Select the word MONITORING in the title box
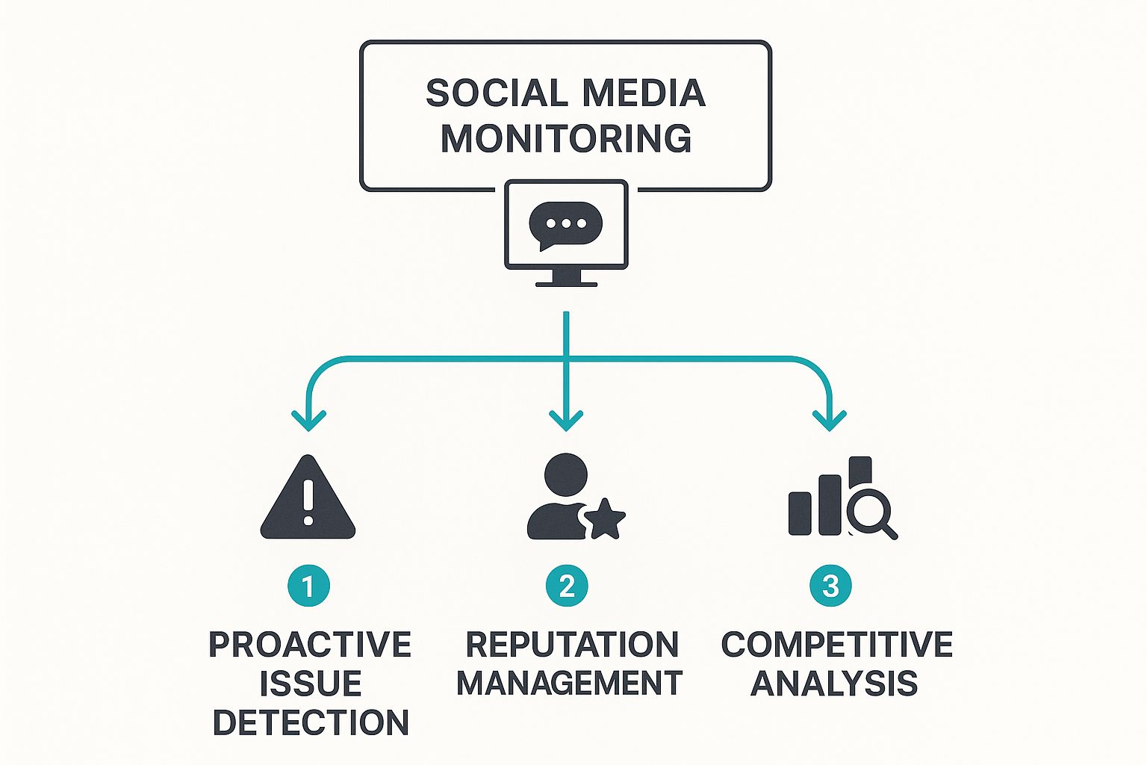tap(566, 139)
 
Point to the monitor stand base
tap(566, 283)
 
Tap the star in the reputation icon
tap(604, 518)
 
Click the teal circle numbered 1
tap(308, 586)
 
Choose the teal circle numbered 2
tap(567, 586)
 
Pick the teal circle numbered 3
tap(830, 586)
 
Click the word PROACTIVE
tap(310, 645)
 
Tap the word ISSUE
tap(310, 684)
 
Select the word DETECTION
tap(311, 722)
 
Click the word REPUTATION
tap(572, 645)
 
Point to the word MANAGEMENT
tap(569, 684)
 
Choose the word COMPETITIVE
tap(836, 645)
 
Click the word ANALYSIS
tap(834, 684)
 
